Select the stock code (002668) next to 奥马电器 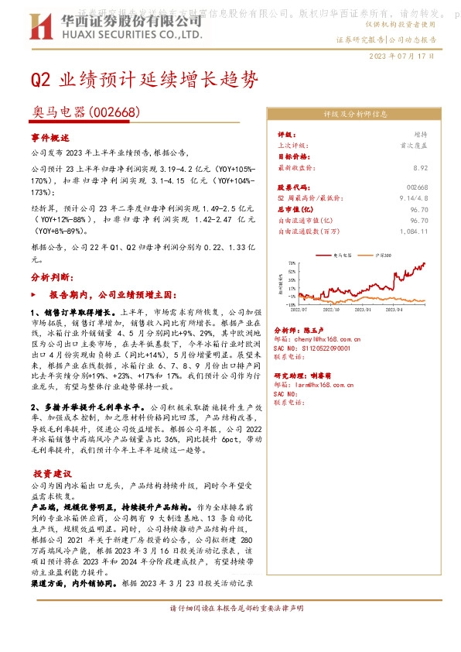pyautogui.click(x=114, y=113)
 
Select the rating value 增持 pyautogui.click(x=420, y=135)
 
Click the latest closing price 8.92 pyautogui.click(x=421, y=166)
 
